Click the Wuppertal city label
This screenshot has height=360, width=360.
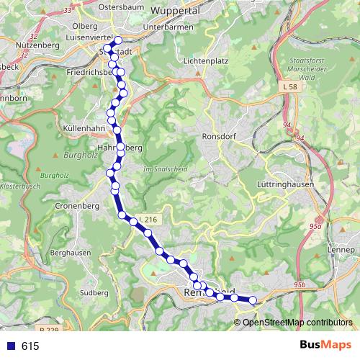pyautogui.click(x=176, y=12)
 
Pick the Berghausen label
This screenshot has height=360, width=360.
pyautogui.click(x=71, y=253)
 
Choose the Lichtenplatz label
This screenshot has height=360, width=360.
pyautogui.click(x=207, y=61)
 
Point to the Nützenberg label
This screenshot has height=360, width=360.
pyautogui.click(x=25, y=44)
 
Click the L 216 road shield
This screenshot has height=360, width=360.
pyautogui.click(x=148, y=219)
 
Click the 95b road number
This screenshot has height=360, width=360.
pyautogui.click(x=300, y=286)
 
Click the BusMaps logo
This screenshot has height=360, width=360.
pyautogui.click(x=325, y=346)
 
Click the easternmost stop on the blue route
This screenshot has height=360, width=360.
pyautogui.click(x=253, y=300)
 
